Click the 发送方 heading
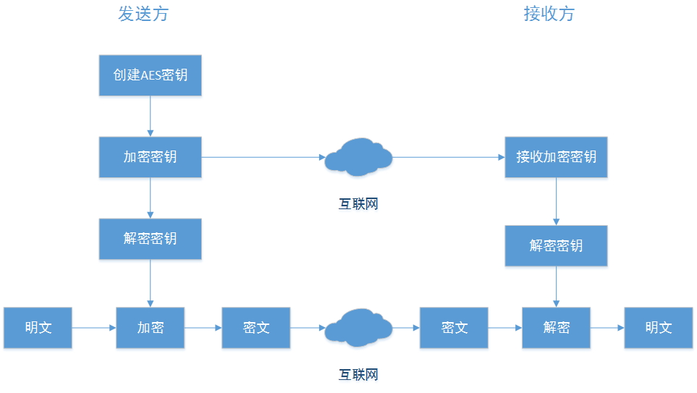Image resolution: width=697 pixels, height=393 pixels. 143,14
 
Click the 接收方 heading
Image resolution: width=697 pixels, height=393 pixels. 549,14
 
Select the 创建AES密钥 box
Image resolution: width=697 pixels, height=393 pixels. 150,75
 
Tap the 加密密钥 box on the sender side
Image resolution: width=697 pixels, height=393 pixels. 150,156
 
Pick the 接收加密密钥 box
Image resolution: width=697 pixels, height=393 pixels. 556,156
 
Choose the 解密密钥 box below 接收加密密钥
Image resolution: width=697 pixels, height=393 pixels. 556,245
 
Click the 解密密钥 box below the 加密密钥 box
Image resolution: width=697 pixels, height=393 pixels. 150,238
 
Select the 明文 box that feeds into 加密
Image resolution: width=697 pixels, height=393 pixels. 38,328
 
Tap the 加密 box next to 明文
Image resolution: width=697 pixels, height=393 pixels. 150,328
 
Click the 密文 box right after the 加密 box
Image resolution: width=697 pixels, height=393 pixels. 256,328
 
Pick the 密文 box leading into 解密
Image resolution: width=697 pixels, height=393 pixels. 454,328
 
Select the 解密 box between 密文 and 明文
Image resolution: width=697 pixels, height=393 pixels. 556,328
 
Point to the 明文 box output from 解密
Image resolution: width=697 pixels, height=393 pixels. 659,328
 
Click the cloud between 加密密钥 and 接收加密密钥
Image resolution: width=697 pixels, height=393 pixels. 358,157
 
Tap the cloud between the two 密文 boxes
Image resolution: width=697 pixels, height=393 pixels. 358,328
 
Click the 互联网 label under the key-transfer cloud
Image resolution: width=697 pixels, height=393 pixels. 358,204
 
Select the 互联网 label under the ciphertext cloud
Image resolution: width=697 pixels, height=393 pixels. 358,374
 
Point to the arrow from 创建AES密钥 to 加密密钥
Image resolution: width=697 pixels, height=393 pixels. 150,116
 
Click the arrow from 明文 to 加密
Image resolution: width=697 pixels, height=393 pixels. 94,328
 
